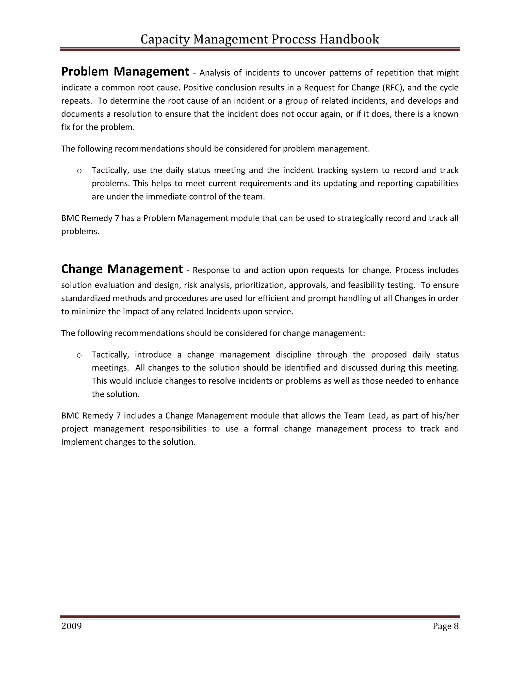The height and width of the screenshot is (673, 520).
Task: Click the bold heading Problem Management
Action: (125, 72)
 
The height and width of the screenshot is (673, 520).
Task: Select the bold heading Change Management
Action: (122, 269)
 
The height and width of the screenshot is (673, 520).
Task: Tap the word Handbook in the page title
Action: (349, 39)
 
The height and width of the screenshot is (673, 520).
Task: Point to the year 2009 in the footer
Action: (71, 626)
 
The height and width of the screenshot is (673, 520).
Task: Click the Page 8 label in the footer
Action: (445, 626)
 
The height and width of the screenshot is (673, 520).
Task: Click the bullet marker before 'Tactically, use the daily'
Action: (79, 171)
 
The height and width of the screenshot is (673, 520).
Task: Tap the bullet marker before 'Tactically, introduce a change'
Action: (79, 355)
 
